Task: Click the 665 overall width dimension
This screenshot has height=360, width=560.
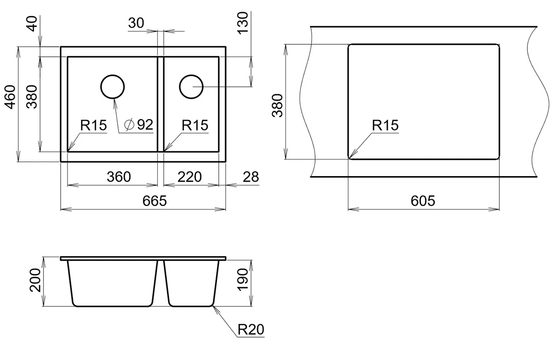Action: click(154, 201)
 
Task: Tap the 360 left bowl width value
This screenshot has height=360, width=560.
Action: click(119, 177)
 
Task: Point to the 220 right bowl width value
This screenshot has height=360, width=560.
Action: click(189, 177)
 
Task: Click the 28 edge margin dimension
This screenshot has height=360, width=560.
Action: click(251, 177)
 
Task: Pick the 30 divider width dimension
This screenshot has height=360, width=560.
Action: click(136, 23)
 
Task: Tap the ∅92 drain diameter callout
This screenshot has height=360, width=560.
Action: click(140, 125)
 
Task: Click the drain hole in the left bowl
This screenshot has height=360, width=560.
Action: click(112, 86)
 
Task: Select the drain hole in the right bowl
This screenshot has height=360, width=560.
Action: click(191, 86)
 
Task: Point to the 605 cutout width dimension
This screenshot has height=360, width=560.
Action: click(423, 201)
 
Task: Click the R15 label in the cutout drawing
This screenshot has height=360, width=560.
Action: click(385, 125)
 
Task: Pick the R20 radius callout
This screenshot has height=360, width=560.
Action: click(251, 330)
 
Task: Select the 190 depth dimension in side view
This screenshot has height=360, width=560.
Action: click(242, 280)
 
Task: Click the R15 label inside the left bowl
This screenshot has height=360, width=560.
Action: click(93, 125)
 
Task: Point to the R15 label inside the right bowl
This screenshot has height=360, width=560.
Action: click(195, 125)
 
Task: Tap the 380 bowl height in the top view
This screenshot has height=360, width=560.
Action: click(32, 96)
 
